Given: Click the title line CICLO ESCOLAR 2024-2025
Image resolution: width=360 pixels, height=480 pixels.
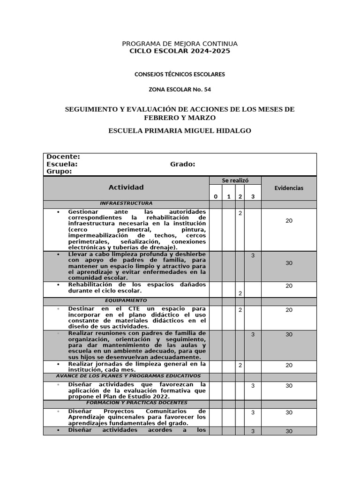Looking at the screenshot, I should pyautogui.click(x=180, y=51).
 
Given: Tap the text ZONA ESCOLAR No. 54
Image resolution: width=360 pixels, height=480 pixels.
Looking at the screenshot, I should pyautogui.click(x=180, y=90).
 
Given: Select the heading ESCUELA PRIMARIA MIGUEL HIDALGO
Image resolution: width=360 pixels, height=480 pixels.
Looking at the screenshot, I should pyautogui.click(x=180, y=131).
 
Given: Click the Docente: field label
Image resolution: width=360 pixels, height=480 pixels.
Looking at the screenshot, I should pyautogui.click(x=63, y=157).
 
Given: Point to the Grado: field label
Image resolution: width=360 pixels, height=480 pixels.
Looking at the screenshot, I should pyautogui.click(x=182, y=165).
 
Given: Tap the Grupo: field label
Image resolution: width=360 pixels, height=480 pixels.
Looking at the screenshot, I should pyautogui.click(x=60, y=172).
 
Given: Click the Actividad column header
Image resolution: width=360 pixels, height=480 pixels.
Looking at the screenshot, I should pyautogui.click(x=126, y=187).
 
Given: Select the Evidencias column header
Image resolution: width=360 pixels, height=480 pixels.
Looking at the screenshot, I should pyautogui.click(x=289, y=188).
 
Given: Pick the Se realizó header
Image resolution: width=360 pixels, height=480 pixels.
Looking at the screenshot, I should pyautogui.click(x=235, y=180).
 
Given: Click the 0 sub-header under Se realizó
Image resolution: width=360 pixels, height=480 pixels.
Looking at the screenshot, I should pyautogui.click(x=216, y=196).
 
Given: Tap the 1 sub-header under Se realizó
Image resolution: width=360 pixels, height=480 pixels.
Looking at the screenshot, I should pyautogui.click(x=229, y=196).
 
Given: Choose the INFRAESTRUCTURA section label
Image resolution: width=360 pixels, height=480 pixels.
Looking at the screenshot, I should pyautogui.click(x=126, y=203).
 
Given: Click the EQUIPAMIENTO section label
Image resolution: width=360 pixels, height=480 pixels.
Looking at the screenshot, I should pyautogui.click(x=126, y=300).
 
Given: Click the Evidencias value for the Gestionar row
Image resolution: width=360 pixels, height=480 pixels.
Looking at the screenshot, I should pyautogui.click(x=289, y=221).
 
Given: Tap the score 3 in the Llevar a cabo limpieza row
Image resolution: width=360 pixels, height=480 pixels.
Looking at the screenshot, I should pyautogui.click(x=253, y=256).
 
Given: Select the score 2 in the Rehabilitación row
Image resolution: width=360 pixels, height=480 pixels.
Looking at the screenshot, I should pyautogui.click(x=240, y=293).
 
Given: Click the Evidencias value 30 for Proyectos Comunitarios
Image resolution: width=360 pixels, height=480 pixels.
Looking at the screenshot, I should pyautogui.click(x=289, y=412).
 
